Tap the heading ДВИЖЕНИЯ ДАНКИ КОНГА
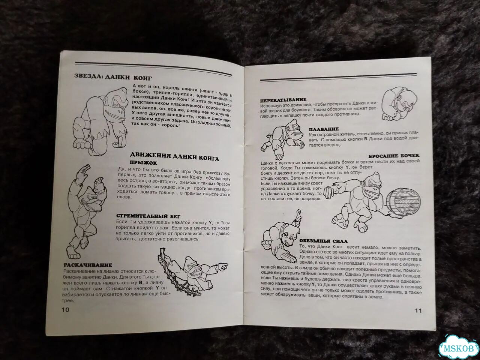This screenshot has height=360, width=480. tap(174, 157)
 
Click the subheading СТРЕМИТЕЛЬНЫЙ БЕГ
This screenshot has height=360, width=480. tap(148, 216)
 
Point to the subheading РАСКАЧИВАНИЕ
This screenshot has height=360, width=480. tap(88, 265)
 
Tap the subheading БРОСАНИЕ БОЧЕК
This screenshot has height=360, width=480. tap(394, 156)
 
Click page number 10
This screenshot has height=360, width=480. tap(65, 310)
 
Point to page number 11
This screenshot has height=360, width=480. tap(418, 310)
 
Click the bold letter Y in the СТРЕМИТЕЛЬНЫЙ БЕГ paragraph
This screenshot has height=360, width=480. tap(210, 223)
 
